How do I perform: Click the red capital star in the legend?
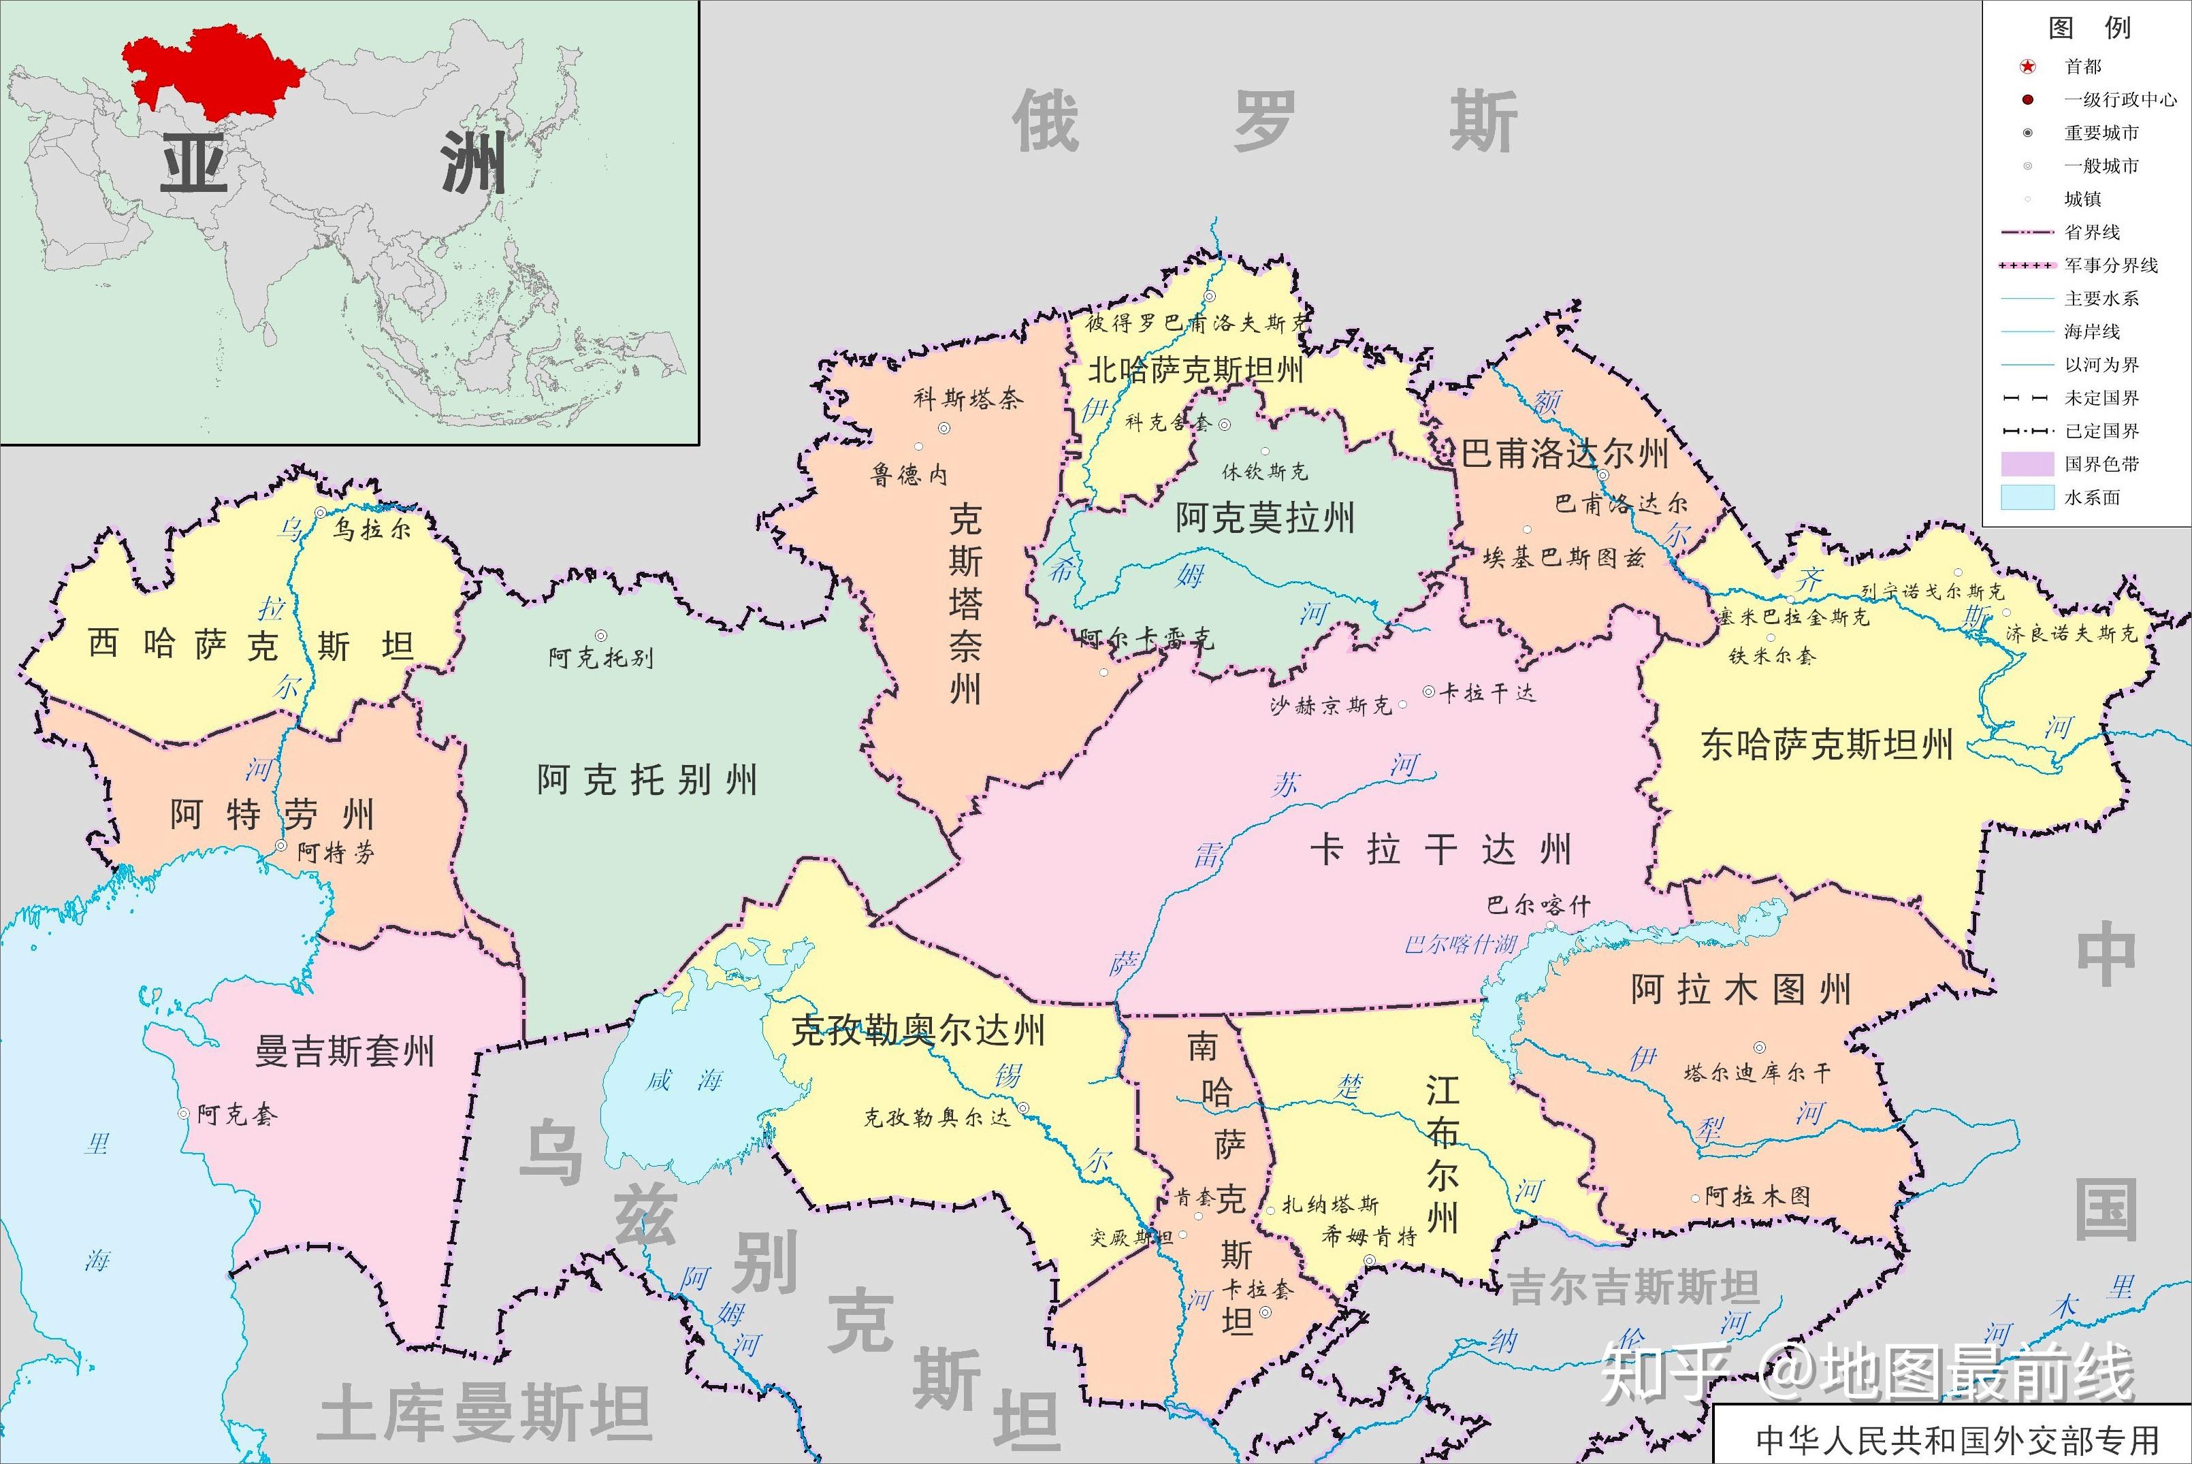[x=2027, y=66]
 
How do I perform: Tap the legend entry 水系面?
[x=2092, y=498]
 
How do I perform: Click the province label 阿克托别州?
[x=646, y=779]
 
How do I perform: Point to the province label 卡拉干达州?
[x=1440, y=849]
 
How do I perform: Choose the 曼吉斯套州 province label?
[x=345, y=1052]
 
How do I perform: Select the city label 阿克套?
[x=237, y=1115]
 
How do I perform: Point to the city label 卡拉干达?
[x=1487, y=693]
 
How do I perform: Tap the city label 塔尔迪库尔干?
[x=1756, y=1074]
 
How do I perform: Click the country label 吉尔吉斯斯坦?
[x=1634, y=1288]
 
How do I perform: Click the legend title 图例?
[x=2089, y=27]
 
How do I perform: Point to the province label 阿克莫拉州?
[x=1264, y=517]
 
